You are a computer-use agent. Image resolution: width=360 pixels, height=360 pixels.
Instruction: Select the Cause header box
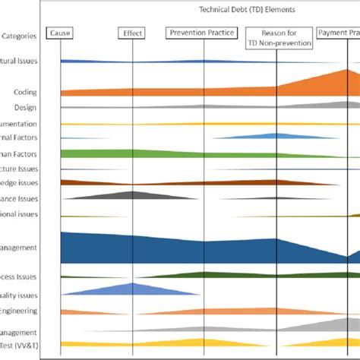[x=59, y=33]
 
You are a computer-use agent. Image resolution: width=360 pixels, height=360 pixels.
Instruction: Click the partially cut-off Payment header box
[x=339, y=33]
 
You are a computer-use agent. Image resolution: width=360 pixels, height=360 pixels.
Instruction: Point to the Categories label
[x=17, y=36]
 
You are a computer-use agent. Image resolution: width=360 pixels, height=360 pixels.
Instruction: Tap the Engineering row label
[x=18, y=311]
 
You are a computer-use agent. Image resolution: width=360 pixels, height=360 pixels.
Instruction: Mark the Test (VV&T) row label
[x=17, y=345]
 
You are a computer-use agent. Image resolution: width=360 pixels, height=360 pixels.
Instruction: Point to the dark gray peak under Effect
[x=132, y=195]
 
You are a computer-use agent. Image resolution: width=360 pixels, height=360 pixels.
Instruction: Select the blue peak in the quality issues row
[x=132, y=289]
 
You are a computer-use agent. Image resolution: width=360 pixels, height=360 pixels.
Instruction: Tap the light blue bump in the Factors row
[x=276, y=137]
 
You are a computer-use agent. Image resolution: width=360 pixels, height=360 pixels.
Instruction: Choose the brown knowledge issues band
[x=114, y=182]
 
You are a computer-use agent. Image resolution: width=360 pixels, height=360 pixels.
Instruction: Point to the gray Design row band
[x=319, y=106]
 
